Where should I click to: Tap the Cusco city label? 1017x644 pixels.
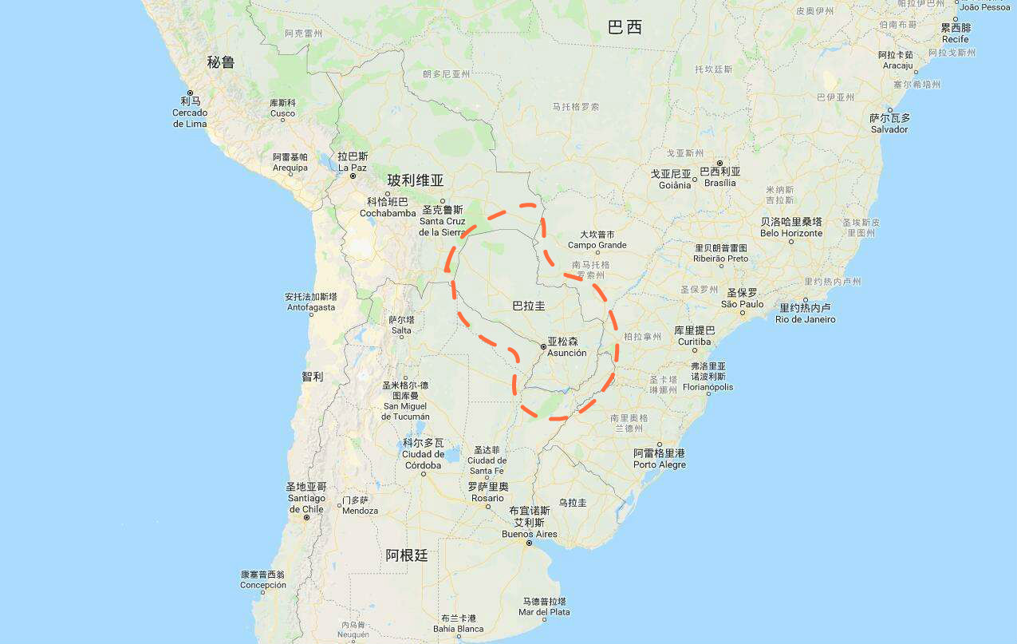point(282,109)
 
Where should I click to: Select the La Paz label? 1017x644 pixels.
point(353,162)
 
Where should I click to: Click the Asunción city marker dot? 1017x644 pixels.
point(543,346)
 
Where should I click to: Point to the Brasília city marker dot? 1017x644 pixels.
point(719,163)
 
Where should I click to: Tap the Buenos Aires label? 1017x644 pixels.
point(529,528)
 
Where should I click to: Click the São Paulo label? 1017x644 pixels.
point(742,298)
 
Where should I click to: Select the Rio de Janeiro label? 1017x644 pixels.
point(806,314)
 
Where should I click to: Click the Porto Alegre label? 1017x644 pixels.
point(660,459)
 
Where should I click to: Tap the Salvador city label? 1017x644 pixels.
point(889,124)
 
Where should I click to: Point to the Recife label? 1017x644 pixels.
point(956,34)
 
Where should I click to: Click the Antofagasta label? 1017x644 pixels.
point(311,302)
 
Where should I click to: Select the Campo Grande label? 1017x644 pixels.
point(597,240)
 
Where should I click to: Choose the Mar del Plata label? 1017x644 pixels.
point(545,606)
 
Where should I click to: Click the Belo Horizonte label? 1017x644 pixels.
point(790,227)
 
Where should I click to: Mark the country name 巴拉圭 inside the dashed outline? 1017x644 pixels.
point(529,306)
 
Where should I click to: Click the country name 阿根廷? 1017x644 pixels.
point(407,556)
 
